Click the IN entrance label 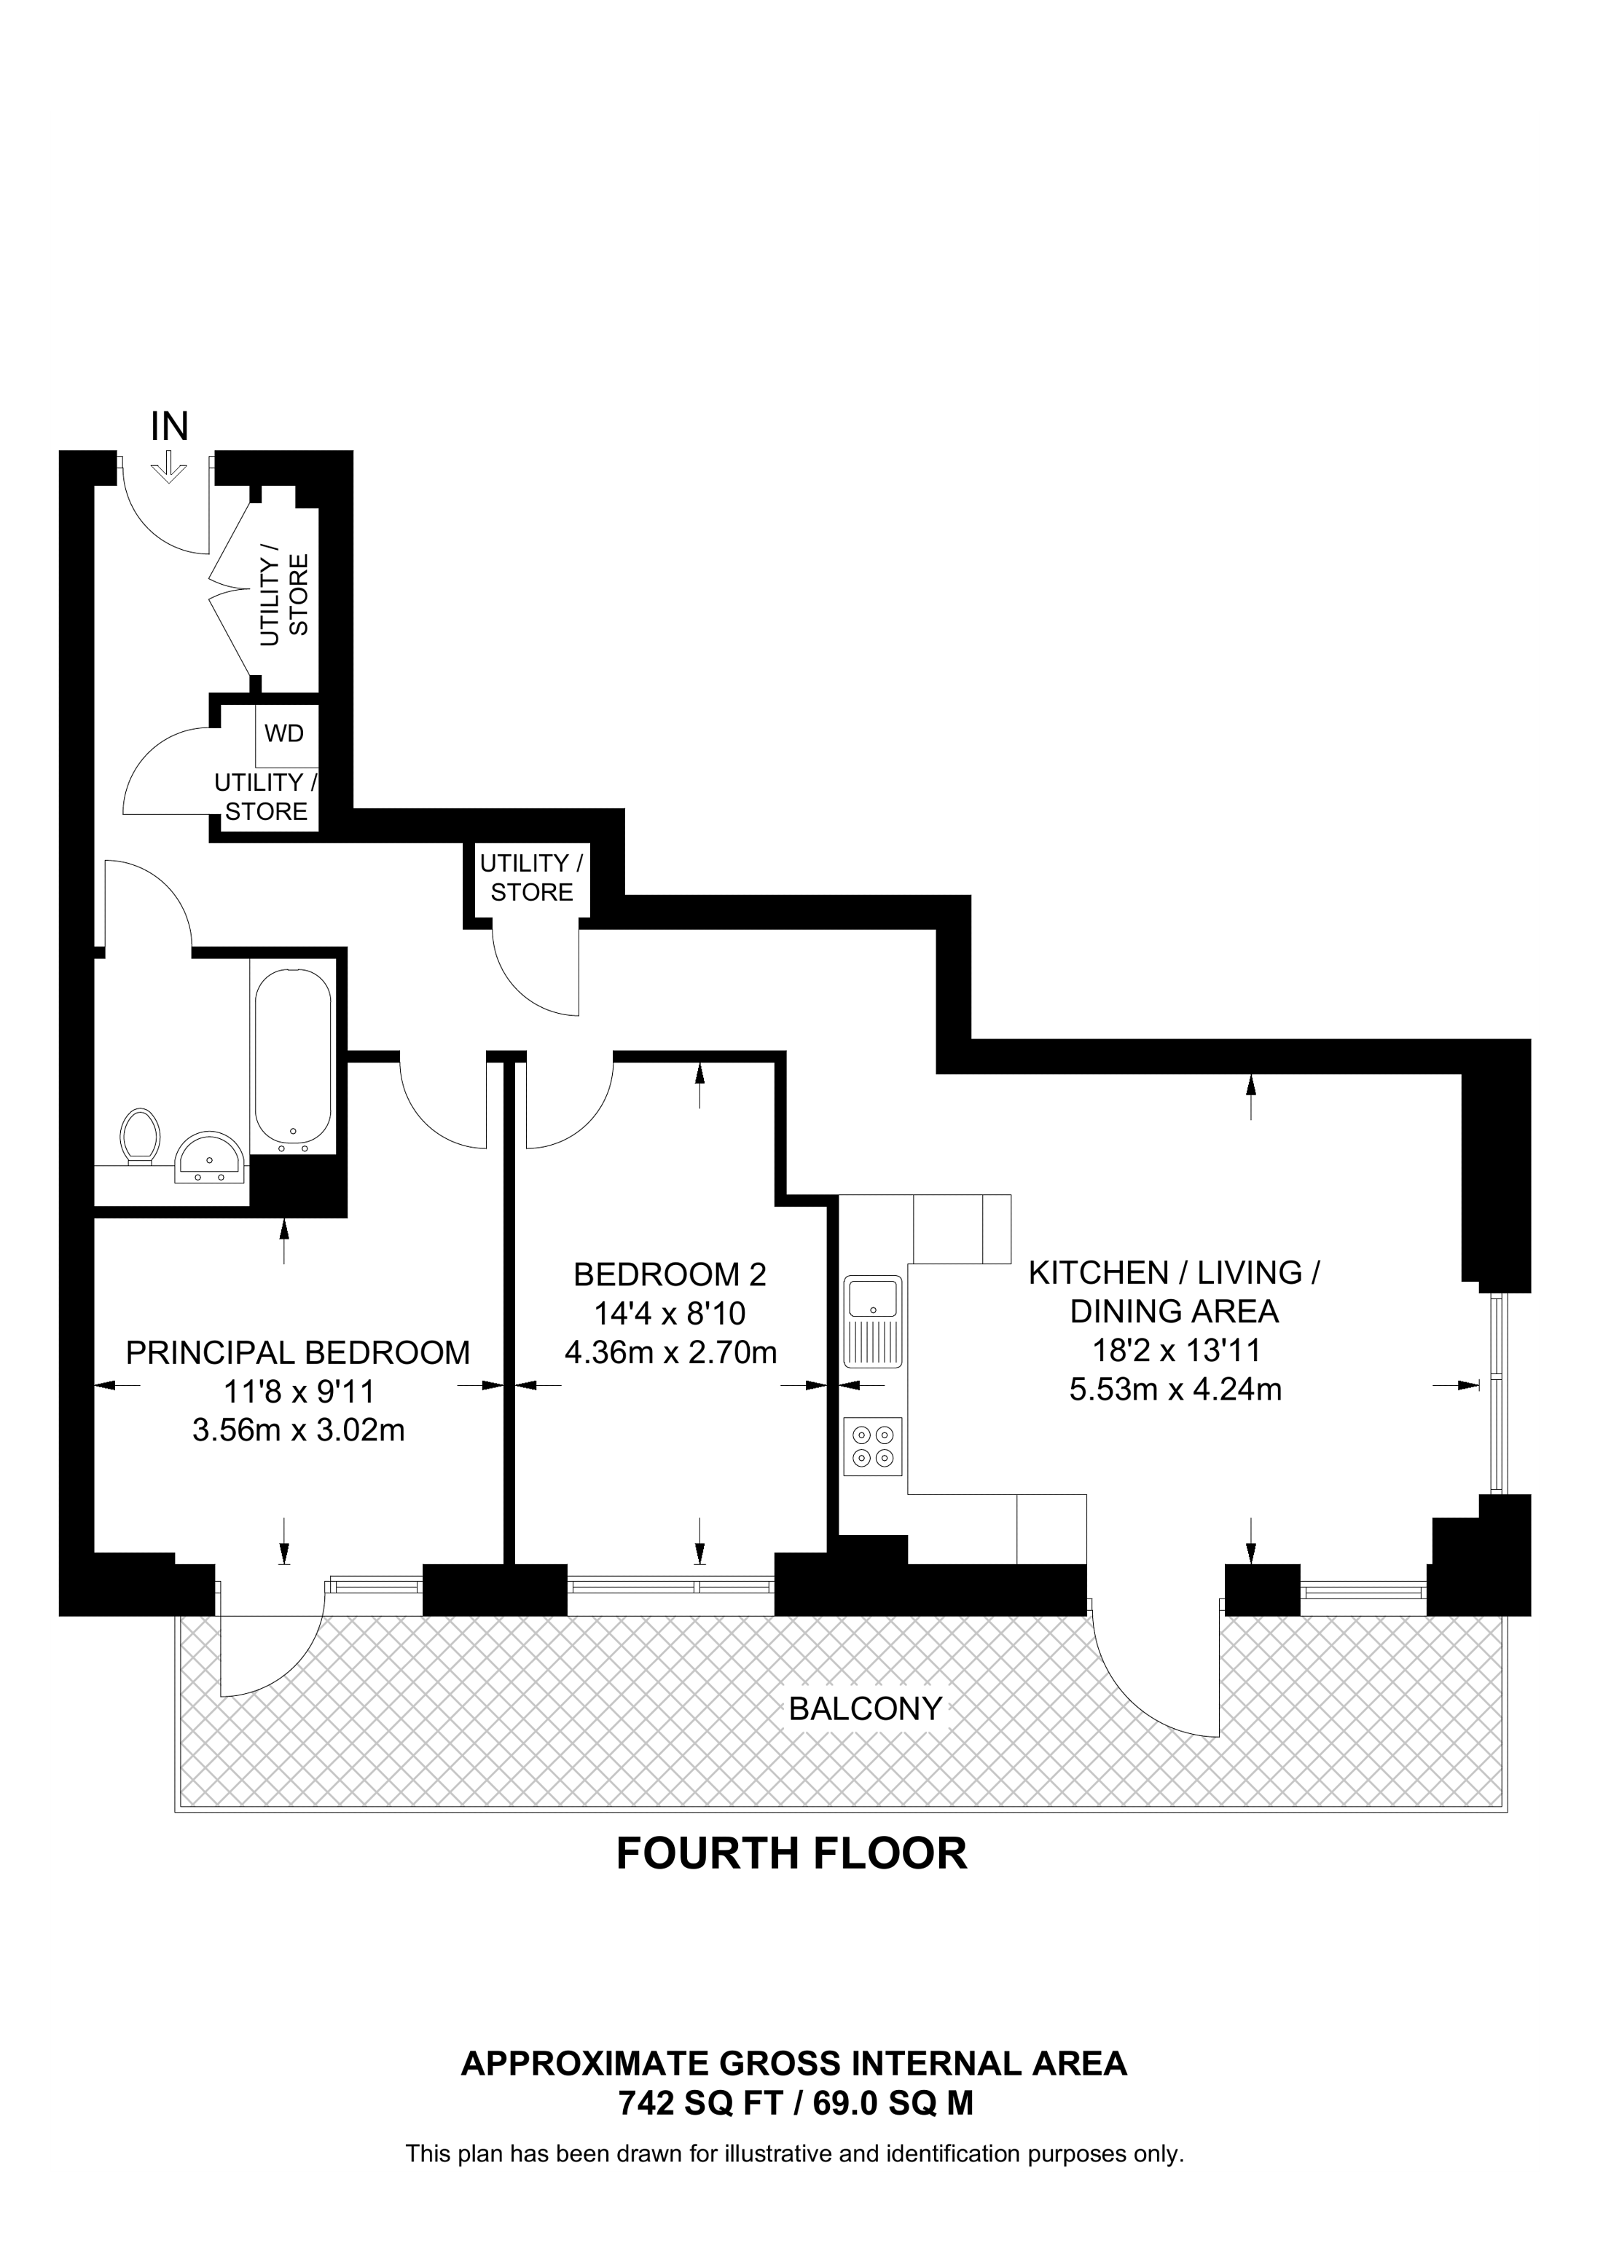tap(169, 427)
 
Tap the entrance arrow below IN tap(170, 467)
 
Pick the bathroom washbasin tap(209, 1156)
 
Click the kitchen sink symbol tap(873, 1320)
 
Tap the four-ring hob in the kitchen tap(873, 1446)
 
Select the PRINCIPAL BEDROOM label tap(297, 1352)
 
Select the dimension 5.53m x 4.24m tap(1175, 1390)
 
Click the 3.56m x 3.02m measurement tap(298, 1430)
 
